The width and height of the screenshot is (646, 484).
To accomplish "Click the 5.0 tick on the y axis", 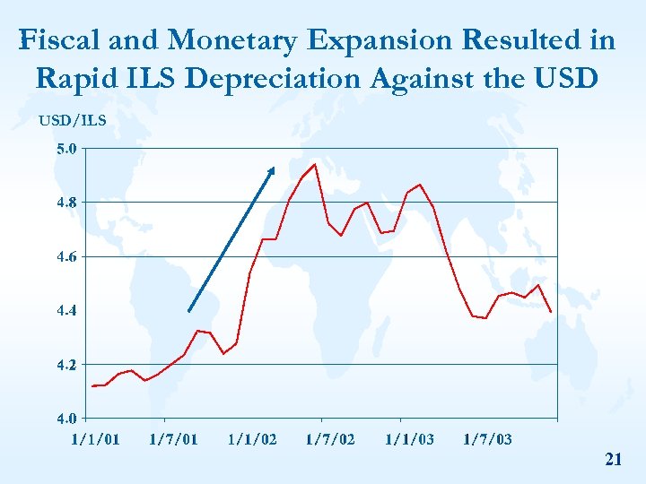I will pyautogui.click(x=66, y=149).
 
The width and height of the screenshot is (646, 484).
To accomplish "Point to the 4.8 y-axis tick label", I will pyautogui.click(x=66, y=203).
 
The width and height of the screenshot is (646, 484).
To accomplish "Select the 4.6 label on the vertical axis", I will pyautogui.click(x=66, y=256).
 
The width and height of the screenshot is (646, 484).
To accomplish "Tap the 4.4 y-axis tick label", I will pyautogui.click(x=66, y=310).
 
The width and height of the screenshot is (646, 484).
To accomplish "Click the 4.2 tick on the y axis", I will pyautogui.click(x=66, y=365).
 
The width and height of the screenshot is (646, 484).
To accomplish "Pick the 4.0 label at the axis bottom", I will pyautogui.click(x=66, y=418).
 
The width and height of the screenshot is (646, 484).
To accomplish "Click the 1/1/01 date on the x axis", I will pyautogui.click(x=95, y=439).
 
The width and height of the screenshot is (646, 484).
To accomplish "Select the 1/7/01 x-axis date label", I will pyautogui.click(x=173, y=439).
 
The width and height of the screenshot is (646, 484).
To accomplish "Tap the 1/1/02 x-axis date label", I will pyautogui.click(x=252, y=439).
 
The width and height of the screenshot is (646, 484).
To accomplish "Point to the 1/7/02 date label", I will pyautogui.click(x=330, y=439).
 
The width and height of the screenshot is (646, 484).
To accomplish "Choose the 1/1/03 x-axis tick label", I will pyautogui.click(x=409, y=439).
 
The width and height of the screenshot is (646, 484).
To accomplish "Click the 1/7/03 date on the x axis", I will pyautogui.click(x=487, y=439).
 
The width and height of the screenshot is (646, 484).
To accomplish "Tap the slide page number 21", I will pyautogui.click(x=614, y=460).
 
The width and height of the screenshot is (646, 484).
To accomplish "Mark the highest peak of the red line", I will pyautogui.click(x=314, y=164).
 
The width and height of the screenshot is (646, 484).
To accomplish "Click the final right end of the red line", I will pyautogui.click(x=551, y=311).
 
